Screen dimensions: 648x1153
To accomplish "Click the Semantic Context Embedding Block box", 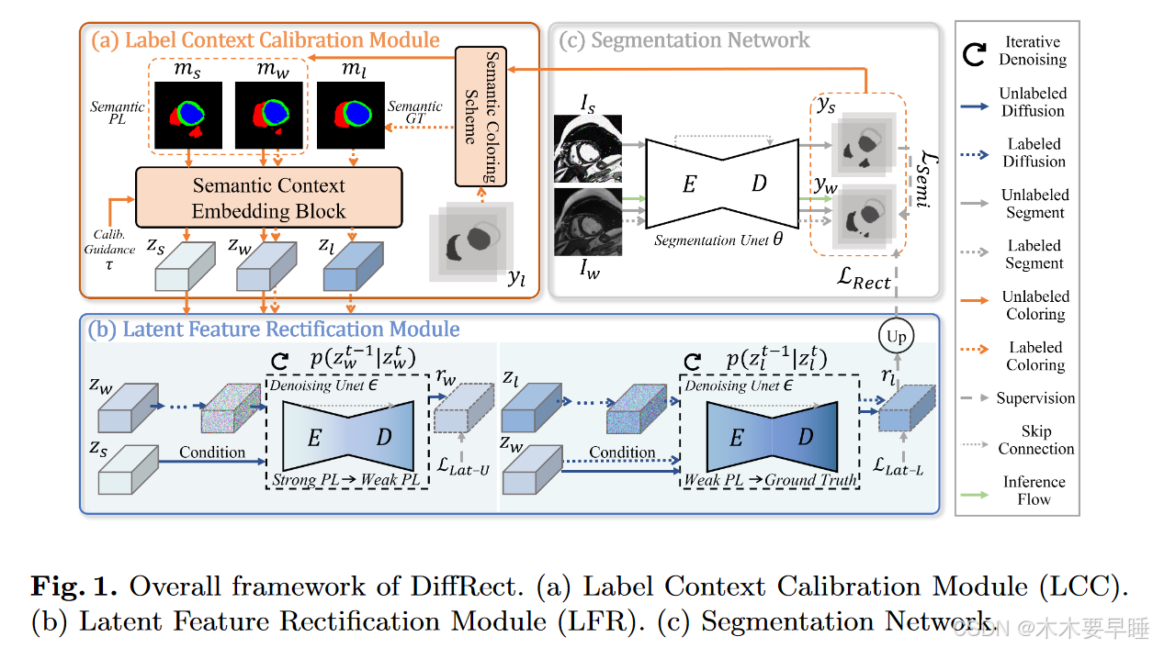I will click(268, 197).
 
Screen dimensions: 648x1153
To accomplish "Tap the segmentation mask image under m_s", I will click(188, 115).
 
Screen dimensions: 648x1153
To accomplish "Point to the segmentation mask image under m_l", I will click(351, 115).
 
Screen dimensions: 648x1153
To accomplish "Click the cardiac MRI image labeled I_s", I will click(588, 149).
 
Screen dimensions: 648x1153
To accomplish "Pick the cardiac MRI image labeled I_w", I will click(588, 221).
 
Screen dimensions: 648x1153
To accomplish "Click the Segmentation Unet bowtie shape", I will click(722, 184).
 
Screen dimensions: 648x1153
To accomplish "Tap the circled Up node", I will click(896, 337).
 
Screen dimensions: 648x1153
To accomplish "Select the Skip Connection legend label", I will click(1035, 440).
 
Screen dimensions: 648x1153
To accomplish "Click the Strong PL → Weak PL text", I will click(345, 480).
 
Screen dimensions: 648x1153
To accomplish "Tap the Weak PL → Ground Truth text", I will click(770, 480).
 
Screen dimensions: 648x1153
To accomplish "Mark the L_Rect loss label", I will click(858, 281).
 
